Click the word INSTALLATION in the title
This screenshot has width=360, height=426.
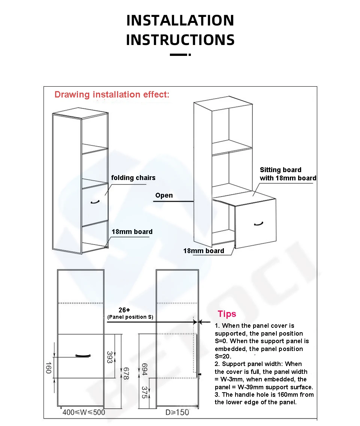tap(180, 20)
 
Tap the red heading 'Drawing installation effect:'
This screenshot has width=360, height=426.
tap(112, 94)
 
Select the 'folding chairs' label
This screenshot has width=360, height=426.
tap(133, 178)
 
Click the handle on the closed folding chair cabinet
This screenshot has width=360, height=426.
tap(95, 202)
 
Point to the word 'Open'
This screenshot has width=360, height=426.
tap(164, 195)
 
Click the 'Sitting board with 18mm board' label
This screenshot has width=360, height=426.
tap(288, 174)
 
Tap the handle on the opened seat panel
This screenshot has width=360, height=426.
tap(258, 224)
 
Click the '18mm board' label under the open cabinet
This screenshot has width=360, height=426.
tap(204, 251)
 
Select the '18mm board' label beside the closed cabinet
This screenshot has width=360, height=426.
tap(132, 232)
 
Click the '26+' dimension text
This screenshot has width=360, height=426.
tap(124, 310)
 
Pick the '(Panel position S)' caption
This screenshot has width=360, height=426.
tap(130, 317)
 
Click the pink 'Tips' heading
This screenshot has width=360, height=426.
tap(227, 314)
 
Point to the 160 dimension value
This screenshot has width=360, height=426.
tap(48, 367)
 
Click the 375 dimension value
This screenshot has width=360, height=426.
tap(145, 392)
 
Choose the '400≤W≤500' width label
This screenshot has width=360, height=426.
tap(84, 412)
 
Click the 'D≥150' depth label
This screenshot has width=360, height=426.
tap(177, 412)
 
